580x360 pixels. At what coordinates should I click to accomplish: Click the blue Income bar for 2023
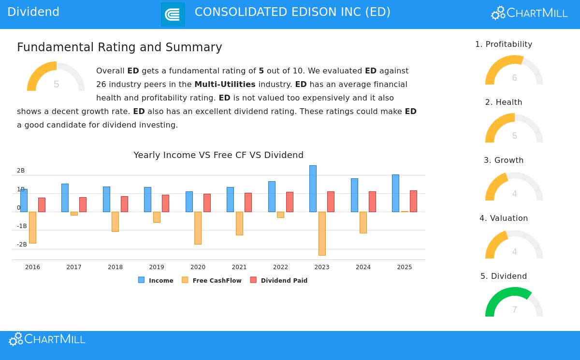click(313, 188)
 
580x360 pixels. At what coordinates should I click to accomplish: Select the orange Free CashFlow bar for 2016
click(32, 227)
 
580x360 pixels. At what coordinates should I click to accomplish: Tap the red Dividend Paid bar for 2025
click(413, 201)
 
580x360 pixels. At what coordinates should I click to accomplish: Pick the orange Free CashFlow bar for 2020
click(198, 228)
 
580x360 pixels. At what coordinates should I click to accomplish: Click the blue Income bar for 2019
click(147, 199)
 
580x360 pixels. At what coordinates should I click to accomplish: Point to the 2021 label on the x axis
click(239, 267)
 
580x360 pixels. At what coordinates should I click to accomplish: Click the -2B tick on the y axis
click(22, 245)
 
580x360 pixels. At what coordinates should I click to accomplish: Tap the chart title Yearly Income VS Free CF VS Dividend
click(218, 155)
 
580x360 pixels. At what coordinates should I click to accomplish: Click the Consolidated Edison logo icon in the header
click(173, 14)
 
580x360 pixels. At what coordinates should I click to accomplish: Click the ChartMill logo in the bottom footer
click(47, 339)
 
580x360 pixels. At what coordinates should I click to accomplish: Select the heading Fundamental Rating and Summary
click(119, 47)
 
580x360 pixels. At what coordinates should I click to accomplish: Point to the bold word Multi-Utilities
click(225, 85)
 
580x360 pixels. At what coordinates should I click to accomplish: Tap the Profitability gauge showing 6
click(514, 71)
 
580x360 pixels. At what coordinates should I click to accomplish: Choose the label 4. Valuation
click(504, 218)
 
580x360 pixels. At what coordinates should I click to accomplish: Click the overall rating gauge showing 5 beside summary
click(56, 77)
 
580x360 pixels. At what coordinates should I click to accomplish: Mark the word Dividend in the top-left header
click(33, 12)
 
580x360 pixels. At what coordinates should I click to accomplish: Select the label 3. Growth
click(504, 160)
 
